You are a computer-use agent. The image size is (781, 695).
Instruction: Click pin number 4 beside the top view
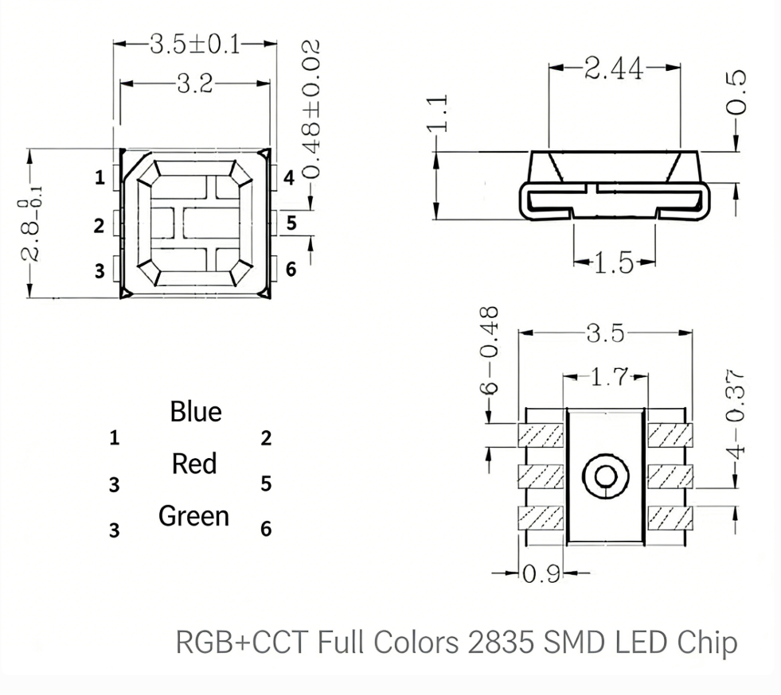coord(289,178)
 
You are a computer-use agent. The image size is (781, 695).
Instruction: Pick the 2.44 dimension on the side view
coord(614,69)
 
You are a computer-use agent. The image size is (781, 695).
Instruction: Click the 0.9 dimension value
coord(542,574)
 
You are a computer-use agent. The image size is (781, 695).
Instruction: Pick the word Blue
coord(196,412)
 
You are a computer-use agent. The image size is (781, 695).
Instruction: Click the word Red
coord(194,464)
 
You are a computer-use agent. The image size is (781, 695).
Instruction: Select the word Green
coord(193,517)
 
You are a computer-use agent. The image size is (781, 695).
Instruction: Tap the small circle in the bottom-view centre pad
coord(605,476)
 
